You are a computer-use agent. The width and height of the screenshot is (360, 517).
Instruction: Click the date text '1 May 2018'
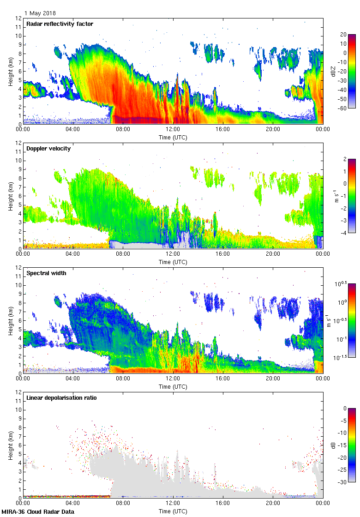point(40,13)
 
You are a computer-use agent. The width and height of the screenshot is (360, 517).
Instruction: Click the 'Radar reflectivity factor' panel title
point(60,24)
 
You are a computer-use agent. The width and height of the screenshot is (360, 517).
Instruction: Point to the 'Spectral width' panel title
point(46,273)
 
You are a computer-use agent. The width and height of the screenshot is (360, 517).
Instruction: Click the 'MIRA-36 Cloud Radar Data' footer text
point(37,511)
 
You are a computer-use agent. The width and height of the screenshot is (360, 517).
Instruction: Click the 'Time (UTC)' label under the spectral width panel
point(173,386)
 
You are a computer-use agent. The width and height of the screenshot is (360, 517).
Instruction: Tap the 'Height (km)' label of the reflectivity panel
point(10,71)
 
